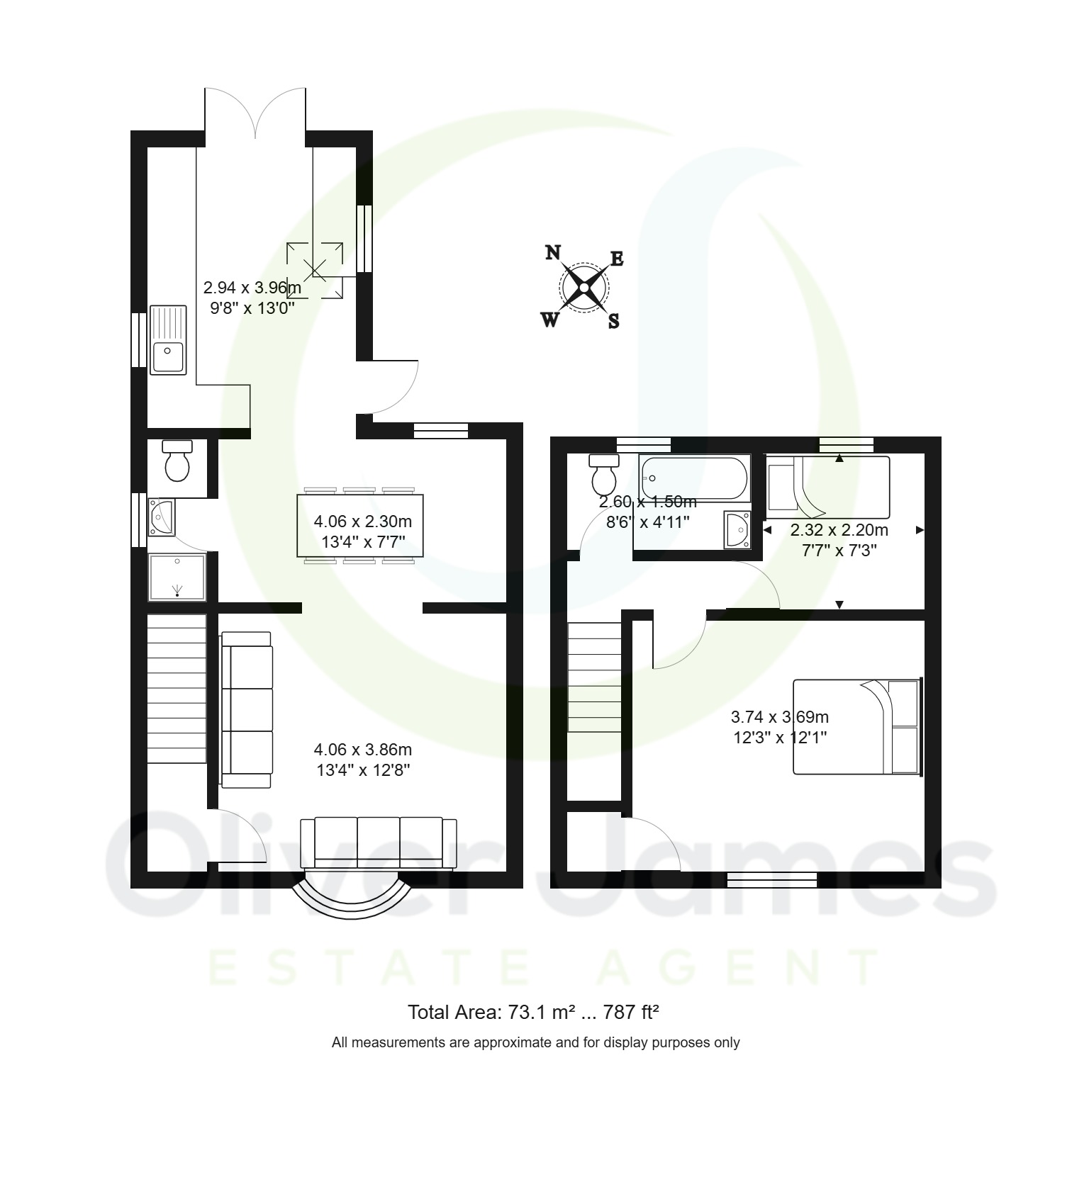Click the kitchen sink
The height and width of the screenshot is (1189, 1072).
168,340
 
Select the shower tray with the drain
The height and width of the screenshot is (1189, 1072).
177,578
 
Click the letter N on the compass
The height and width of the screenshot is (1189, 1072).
553,253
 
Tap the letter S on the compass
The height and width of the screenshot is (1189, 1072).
614,321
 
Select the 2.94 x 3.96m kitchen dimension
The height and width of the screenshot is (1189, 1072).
252,288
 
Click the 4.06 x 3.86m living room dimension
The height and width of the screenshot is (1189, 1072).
363,750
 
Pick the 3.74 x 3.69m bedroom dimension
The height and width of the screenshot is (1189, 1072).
780,717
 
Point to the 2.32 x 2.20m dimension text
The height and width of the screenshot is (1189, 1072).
839,530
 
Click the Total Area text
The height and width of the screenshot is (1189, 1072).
534,1013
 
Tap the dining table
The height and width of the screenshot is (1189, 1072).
360,525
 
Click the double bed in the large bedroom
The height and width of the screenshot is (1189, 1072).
857,726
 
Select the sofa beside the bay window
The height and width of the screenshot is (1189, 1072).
379,843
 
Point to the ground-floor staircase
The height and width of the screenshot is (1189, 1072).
177,689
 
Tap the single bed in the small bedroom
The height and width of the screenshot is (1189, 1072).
828,487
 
